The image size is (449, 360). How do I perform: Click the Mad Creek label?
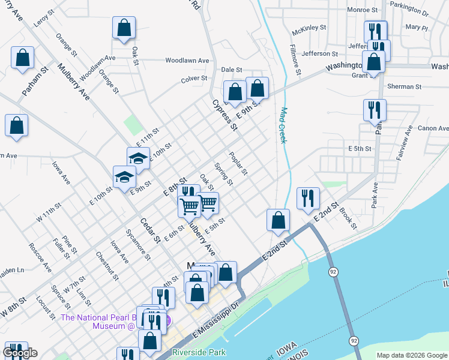point(282,125)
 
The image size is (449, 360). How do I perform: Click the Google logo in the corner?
point(20,353)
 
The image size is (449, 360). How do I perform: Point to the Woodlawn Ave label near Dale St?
point(187,61)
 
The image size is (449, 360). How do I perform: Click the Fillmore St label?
point(295,59)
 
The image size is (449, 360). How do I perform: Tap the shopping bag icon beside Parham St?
point(22,58)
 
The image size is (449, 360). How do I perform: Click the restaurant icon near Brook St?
point(308,199)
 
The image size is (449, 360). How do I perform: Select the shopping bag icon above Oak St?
point(124,28)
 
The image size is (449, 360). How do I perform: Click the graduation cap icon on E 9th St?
point(124,177)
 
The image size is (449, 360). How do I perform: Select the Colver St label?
point(194,78)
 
